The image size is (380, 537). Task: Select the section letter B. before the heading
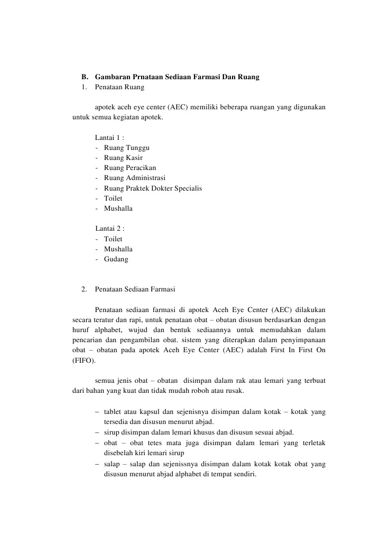[x=85, y=77]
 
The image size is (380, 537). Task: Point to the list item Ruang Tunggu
[x=127, y=148]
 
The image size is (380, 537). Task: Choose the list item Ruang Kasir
[x=123, y=158]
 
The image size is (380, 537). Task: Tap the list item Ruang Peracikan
[x=130, y=168]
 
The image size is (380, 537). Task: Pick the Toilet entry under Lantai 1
[x=113, y=198]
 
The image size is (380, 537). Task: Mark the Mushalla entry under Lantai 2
[x=118, y=249]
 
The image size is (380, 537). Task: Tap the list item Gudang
[x=116, y=259]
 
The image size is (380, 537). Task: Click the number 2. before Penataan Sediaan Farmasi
[x=85, y=289]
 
